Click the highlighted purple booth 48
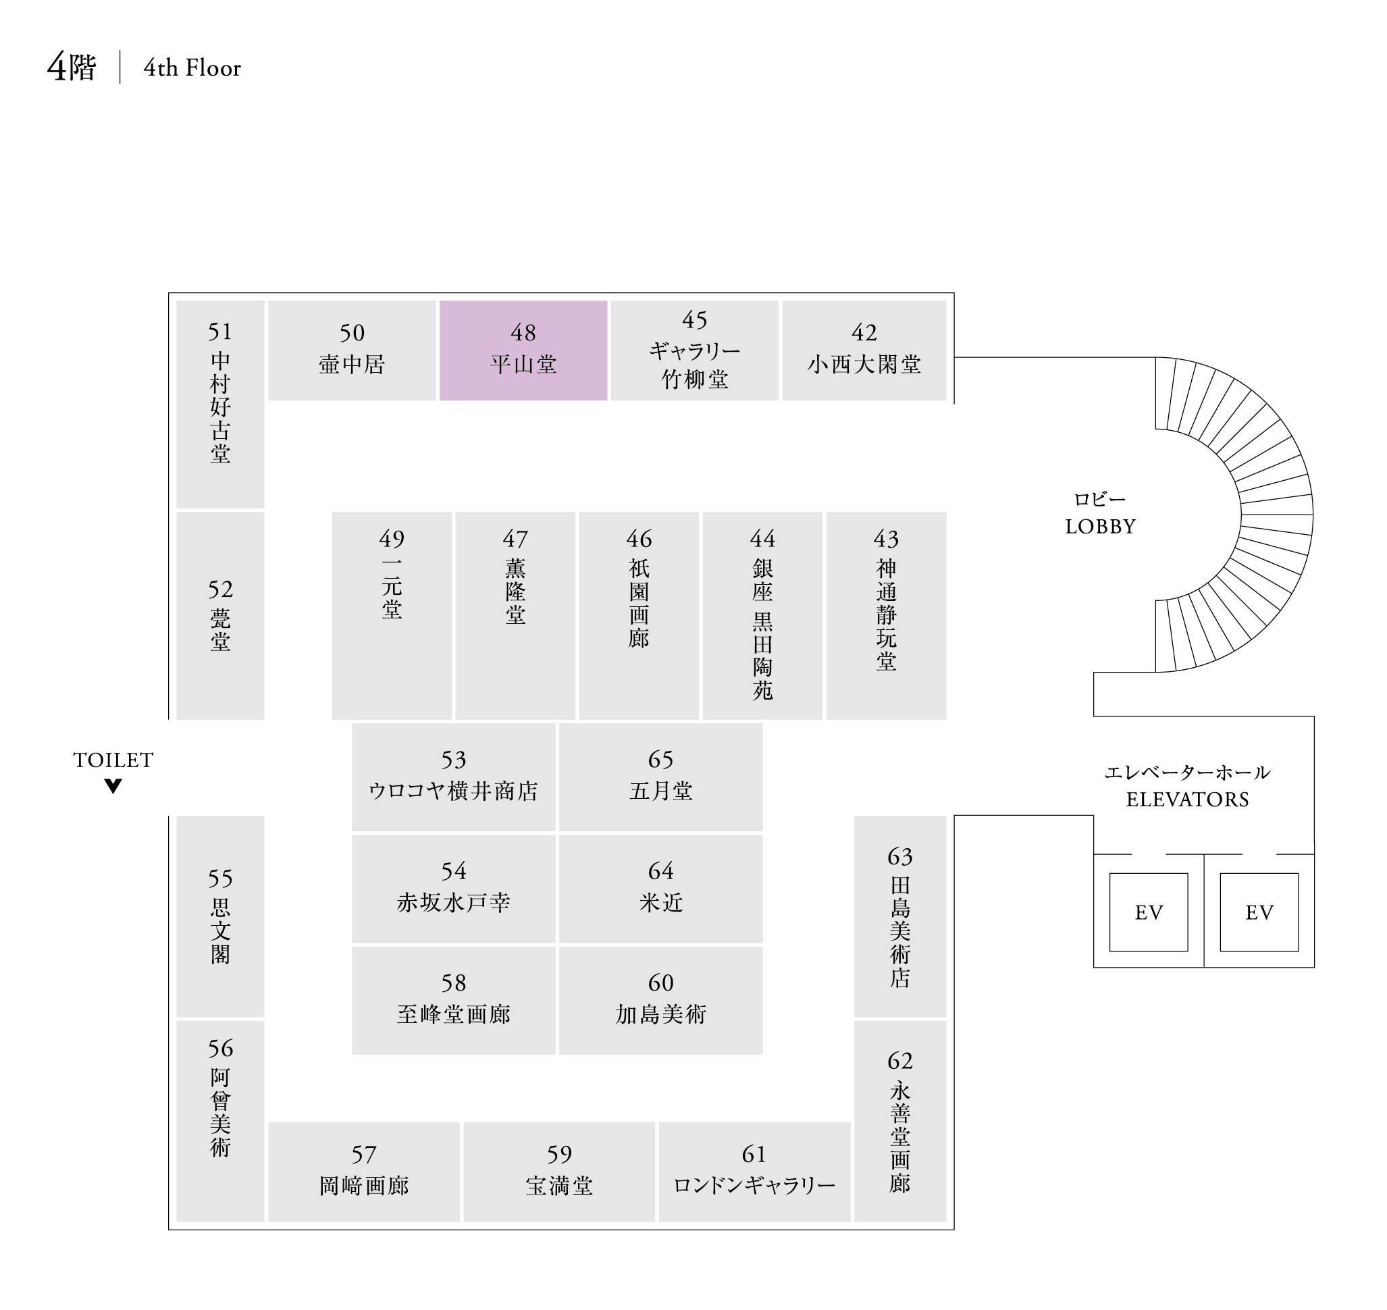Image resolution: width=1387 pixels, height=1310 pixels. pos(523,350)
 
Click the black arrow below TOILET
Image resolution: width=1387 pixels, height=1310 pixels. pos(113,785)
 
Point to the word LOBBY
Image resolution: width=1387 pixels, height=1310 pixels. pos(1100,526)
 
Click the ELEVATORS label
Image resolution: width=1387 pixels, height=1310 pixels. pos(1187,799)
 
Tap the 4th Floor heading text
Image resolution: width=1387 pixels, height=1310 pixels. pos(192,68)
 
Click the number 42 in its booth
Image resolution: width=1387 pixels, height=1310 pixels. pos(864,332)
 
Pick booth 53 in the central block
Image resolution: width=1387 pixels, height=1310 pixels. pos(453,777)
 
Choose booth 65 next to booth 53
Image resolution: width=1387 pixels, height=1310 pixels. pos(660,777)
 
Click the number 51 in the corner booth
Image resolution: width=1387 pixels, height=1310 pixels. pos(220,331)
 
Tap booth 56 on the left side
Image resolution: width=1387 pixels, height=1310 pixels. pos(220,1120)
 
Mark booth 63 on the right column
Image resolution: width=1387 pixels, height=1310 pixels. pos(899,916)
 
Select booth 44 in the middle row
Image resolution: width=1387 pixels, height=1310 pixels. pos(762,614)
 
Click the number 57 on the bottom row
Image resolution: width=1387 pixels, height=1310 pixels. pos(364,1154)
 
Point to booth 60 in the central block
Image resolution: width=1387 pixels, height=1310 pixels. pos(660,1000)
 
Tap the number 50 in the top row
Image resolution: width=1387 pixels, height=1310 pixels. pos(352,332)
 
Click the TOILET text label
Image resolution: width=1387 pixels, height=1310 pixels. pos(113,760)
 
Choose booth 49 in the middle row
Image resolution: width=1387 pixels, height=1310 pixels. pos(392,614)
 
